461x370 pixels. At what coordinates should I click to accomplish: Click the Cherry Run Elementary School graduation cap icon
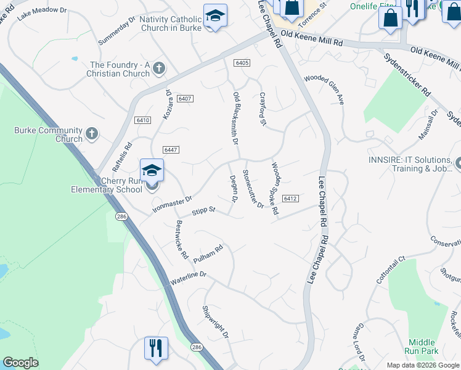tap(152, 170)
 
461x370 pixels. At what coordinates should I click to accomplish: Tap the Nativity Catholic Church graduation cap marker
tap(215, 15)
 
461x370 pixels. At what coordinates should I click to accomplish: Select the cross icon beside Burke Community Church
tap(92, 133)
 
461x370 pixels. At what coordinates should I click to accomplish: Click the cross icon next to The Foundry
tap(159, 67)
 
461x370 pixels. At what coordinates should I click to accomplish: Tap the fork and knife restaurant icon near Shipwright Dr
tap(156, 347)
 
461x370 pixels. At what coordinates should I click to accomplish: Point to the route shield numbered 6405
tap(242, 63)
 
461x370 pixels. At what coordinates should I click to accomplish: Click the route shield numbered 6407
tap(184, 99)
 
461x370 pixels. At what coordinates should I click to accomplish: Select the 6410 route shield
tap(142, 120)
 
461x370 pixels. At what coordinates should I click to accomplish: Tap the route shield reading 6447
tap(171, 150)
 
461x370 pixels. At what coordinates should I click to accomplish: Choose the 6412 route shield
tap(291, 199)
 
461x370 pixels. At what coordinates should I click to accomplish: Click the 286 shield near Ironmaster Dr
tap(121, 216)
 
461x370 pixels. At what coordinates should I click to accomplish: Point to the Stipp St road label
tap(203, 211)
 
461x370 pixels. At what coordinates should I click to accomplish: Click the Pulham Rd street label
tap(207, 253)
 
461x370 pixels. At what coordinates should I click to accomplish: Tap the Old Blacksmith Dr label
tap(235, 118)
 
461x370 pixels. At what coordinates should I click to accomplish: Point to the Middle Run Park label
tap(422, 347)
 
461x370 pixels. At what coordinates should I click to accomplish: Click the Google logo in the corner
tap(20, 363)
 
